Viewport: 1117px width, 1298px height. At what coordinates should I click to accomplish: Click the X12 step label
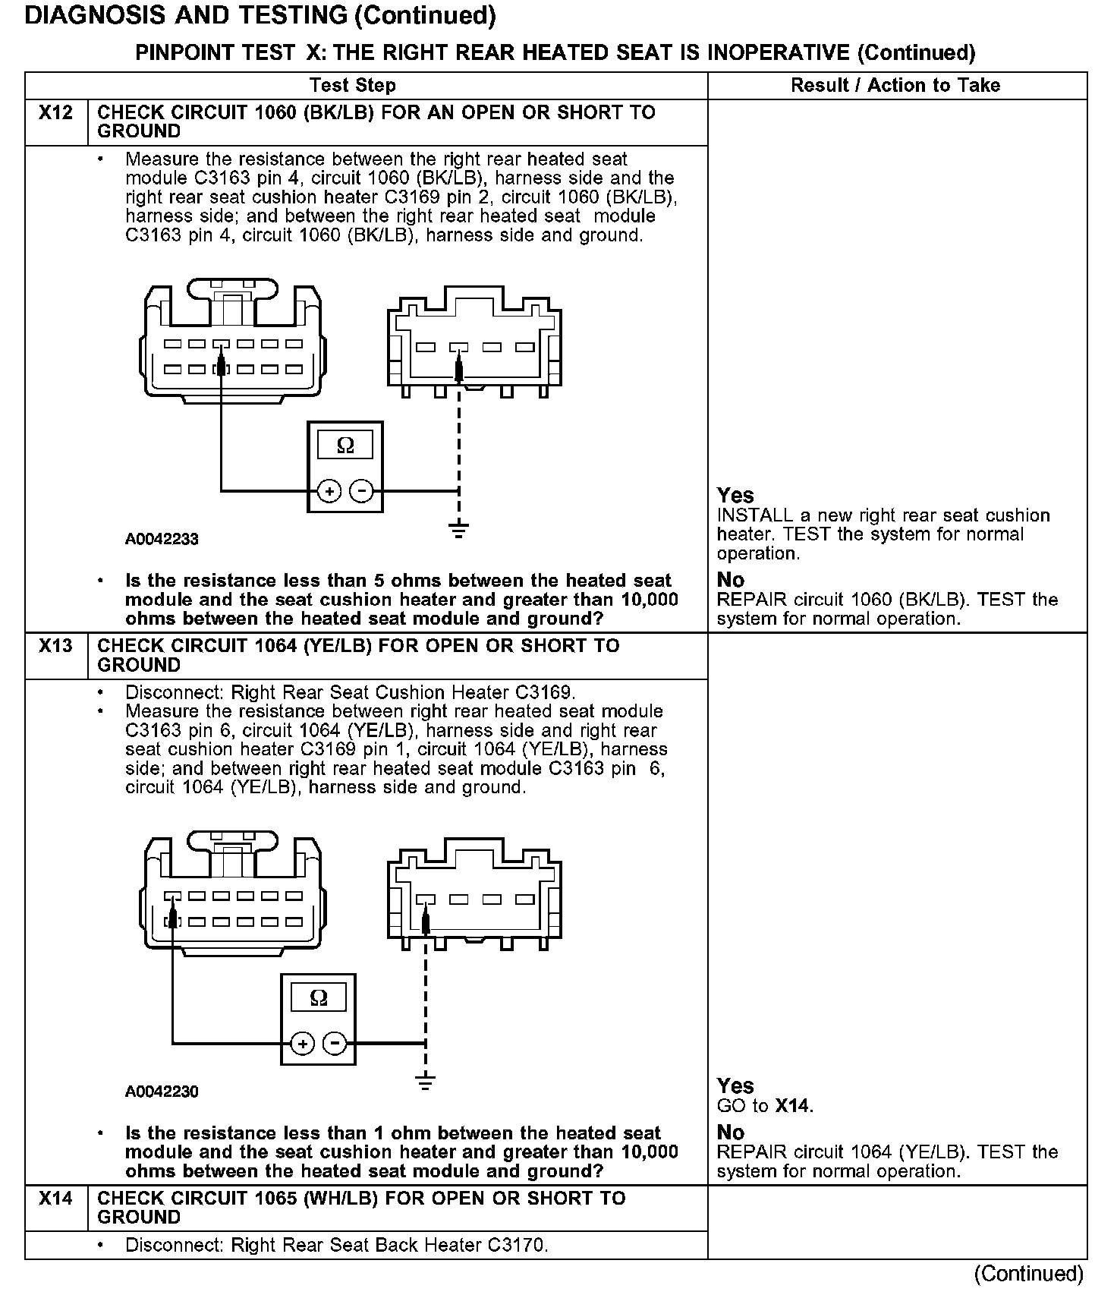[x=55, y=113]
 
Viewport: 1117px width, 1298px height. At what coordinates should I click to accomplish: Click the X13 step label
[x=55, y=646]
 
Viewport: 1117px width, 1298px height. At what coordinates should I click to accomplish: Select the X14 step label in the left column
[x=55, y=1199]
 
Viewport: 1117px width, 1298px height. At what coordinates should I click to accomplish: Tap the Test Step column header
[x=352, y=85]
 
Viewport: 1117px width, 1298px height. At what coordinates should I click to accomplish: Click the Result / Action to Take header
[x=895, y=85]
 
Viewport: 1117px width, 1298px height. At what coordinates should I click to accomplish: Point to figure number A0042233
[x=162, y=539]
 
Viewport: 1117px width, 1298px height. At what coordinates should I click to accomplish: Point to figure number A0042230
[x=162, y=1092]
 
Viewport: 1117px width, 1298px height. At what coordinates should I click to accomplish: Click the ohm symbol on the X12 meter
[x=345, y=446]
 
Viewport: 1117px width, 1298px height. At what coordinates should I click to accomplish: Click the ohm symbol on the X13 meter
[x=319, y=997]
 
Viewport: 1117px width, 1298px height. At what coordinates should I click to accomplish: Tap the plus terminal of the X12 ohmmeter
[x=329, y=492]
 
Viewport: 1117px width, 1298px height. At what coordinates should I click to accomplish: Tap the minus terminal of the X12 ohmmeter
[x=362, y=492]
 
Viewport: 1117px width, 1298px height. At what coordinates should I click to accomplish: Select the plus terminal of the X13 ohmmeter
[x=303, y=1044]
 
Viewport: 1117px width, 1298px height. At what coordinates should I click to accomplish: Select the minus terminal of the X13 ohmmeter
[x=335, y=1044]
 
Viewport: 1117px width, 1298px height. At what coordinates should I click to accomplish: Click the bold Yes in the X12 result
[x=735, y=496]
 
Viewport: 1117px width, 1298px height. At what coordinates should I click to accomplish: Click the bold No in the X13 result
[x=731, y=1133]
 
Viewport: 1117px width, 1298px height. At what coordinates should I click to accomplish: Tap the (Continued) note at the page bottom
[x=1028, y=1273]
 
